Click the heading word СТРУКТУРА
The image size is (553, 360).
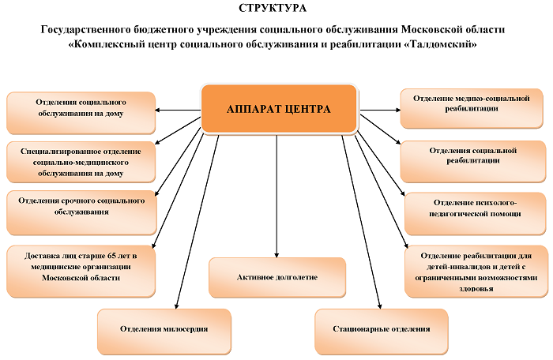coord(273,8)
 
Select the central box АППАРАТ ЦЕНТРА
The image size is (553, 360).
coord(280,109)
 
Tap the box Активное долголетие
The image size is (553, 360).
coord(277,277)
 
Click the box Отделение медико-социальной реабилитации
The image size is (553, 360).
coord(472,108)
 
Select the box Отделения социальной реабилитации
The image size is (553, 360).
coord(473,162)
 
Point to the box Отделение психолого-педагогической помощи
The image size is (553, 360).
coord(475,213)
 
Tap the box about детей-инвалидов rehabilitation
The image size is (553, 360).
coord(476,272)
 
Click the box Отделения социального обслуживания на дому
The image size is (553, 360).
coord(81,113)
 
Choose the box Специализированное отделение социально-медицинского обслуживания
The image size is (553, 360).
coord(81,162)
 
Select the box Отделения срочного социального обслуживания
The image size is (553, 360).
coord(81,212)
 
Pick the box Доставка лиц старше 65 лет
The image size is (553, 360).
coord(81,271)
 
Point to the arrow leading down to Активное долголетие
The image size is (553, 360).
coord(276,196)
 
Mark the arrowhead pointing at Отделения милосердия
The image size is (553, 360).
coord(177,306)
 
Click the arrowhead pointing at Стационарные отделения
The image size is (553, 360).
coord(379,306)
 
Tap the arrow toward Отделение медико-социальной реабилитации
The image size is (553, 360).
coord(380,110)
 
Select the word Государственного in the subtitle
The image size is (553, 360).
coord(86,30)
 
